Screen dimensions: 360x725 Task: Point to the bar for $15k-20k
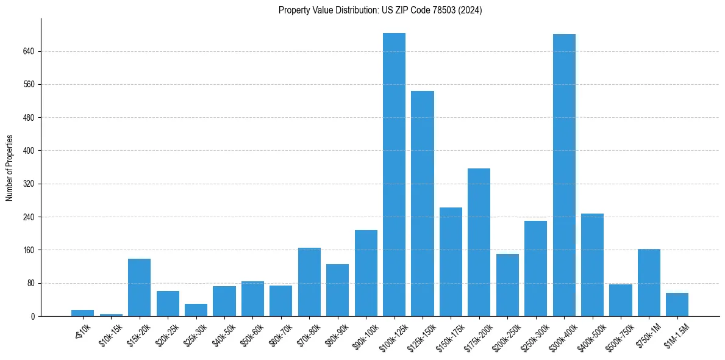[139, 287]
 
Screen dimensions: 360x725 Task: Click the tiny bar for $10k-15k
[111, 315]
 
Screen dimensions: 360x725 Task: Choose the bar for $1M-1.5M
[677, 304]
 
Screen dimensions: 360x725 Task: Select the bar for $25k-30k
[196, 310]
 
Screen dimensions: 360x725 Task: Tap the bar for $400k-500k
[592, 265]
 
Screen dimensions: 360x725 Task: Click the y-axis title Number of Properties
[9, 167]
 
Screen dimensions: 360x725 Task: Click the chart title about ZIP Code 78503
[380, 10]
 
